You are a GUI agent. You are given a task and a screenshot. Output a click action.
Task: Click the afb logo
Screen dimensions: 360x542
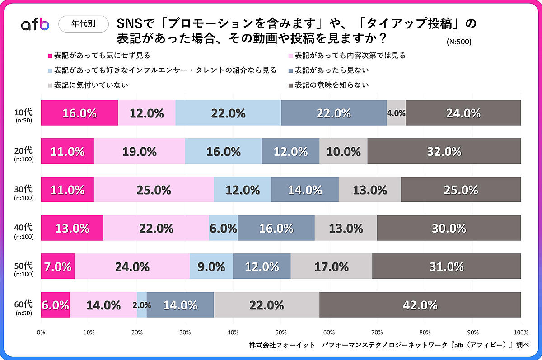pyautogui.click(x=35, y=24)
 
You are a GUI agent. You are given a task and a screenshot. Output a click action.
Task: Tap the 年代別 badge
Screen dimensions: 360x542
pyautogui.click(x=84, y=24)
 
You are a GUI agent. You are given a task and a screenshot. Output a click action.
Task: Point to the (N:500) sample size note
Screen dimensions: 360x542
pyautogui.click(x=458, y=42)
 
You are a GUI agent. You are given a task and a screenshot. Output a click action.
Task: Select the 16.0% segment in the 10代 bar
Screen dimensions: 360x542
pyautogui.click(x=79, y=113)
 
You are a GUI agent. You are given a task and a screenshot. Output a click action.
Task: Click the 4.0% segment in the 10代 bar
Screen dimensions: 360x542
pyautogui.click(x=396, y=113)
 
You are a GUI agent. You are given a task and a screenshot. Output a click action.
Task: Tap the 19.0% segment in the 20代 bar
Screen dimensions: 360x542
pyautogui.click(x=140, y=151)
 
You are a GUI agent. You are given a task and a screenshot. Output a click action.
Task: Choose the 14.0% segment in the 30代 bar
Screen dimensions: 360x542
pyautogui.click(x=305, y=190)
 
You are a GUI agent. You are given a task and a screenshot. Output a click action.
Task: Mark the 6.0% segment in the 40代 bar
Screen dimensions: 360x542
pyautogui.click(x=224, y=228)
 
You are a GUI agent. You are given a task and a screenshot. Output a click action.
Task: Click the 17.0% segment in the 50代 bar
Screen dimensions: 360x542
pyautogui.click(x=332, y=266)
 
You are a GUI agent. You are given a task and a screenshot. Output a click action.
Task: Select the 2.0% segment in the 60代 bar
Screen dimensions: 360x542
pyautogui.click(x=142, y=305)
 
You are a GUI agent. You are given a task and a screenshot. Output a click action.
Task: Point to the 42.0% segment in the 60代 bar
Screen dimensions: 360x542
pyautogui.click(x=420, y=305)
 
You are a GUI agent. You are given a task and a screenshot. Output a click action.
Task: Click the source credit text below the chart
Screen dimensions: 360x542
pyautogui.click(x=388, y=345)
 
